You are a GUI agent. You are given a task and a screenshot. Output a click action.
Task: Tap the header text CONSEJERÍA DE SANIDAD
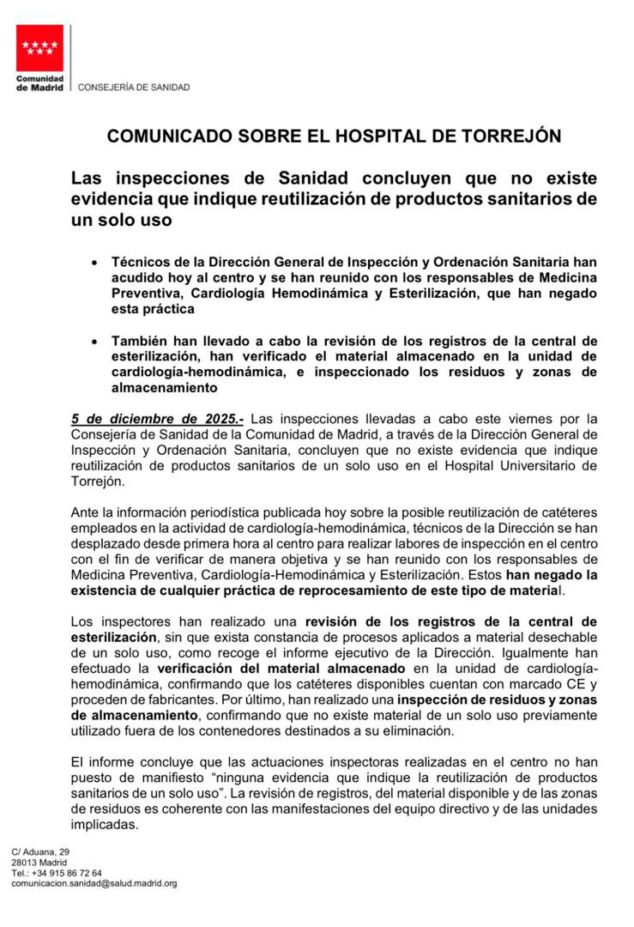tap(134, 87)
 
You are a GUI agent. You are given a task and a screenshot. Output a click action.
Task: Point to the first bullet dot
tap(94, 262)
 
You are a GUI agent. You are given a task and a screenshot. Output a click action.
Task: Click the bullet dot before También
tap(94, 341)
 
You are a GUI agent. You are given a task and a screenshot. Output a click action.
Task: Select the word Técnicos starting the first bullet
tap(143, 262)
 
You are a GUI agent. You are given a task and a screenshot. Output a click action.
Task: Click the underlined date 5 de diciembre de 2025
tap(157, 419)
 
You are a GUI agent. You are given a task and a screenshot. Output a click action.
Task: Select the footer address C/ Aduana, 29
tap(40, 851)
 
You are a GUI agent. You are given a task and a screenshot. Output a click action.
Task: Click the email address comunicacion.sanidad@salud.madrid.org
tap(94, 882)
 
